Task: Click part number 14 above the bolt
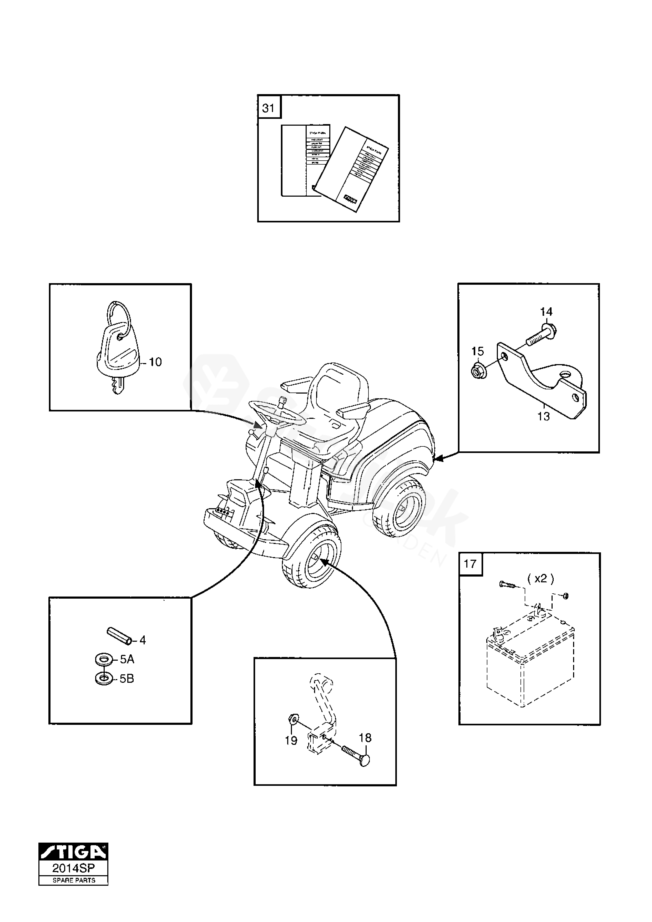[x=546, y=311]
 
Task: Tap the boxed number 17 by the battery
[x=470, y=564]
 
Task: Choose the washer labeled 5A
[x=104, y=659]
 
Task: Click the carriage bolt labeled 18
[x=356, y=755]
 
